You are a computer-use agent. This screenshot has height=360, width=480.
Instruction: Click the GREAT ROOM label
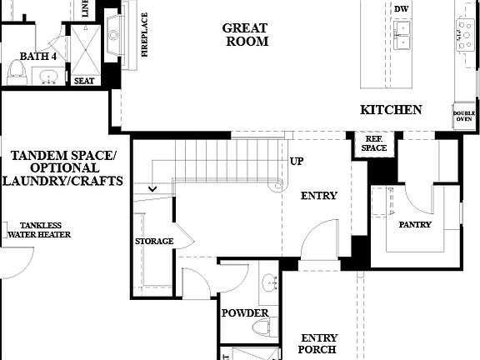245,34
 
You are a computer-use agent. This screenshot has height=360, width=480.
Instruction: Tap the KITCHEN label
391,110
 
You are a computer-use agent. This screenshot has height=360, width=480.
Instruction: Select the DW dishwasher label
401,7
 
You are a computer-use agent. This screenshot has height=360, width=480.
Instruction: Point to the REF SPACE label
374,143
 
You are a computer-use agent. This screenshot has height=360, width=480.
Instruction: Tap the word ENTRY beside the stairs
319,196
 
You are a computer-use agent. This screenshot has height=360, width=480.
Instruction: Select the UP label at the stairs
296,161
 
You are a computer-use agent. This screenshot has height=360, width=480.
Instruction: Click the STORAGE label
154,242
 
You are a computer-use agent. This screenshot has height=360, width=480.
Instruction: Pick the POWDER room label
245,313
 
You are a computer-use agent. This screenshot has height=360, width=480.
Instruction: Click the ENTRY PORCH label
319,343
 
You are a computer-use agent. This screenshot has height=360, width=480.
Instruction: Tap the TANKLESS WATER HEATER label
39,230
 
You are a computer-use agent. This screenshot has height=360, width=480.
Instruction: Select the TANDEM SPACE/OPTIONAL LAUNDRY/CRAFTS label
63,168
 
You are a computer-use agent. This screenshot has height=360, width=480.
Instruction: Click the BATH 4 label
38,57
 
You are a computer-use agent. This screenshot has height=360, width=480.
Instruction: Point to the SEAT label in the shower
84,81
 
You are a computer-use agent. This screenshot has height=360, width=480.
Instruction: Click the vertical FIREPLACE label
144,35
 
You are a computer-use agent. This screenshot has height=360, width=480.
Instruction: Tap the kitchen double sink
403,34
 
